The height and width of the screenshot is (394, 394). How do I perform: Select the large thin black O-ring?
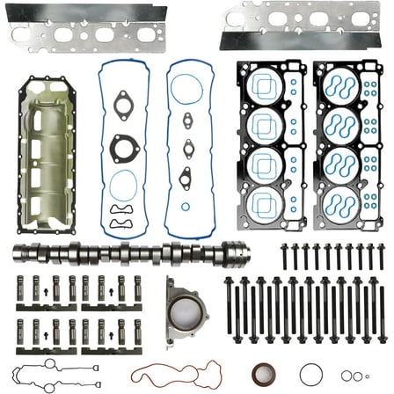[311, 373]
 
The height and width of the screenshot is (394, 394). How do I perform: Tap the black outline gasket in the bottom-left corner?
[53, 373]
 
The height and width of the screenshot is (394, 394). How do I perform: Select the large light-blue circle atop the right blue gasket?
[186, 88]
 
